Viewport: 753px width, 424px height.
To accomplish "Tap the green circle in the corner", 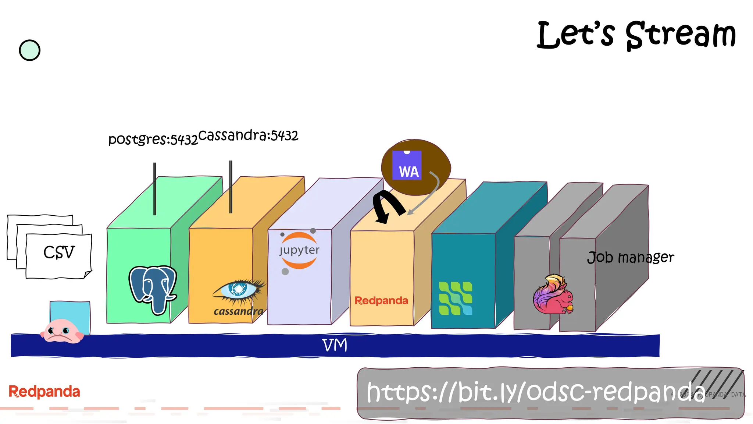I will [29, 50].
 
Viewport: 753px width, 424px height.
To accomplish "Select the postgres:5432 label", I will [153, 139].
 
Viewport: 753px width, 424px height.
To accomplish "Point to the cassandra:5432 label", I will [248, 135].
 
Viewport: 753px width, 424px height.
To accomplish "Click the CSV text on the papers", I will [59, 252].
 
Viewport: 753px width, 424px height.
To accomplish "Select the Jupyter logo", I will [299, 250].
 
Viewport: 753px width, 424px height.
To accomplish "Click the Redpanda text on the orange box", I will [381, 301].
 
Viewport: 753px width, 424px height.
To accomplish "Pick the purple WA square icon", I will [407, 166].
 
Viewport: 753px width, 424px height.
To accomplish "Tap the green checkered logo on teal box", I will [456, 298].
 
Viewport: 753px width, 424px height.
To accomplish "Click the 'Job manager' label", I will [631, 257].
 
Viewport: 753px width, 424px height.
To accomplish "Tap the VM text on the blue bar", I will [335, 345].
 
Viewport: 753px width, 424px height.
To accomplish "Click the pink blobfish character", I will [62, 331].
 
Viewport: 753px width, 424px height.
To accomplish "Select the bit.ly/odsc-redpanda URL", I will [535, 392].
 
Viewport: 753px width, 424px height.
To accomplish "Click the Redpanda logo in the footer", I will [44, 392].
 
